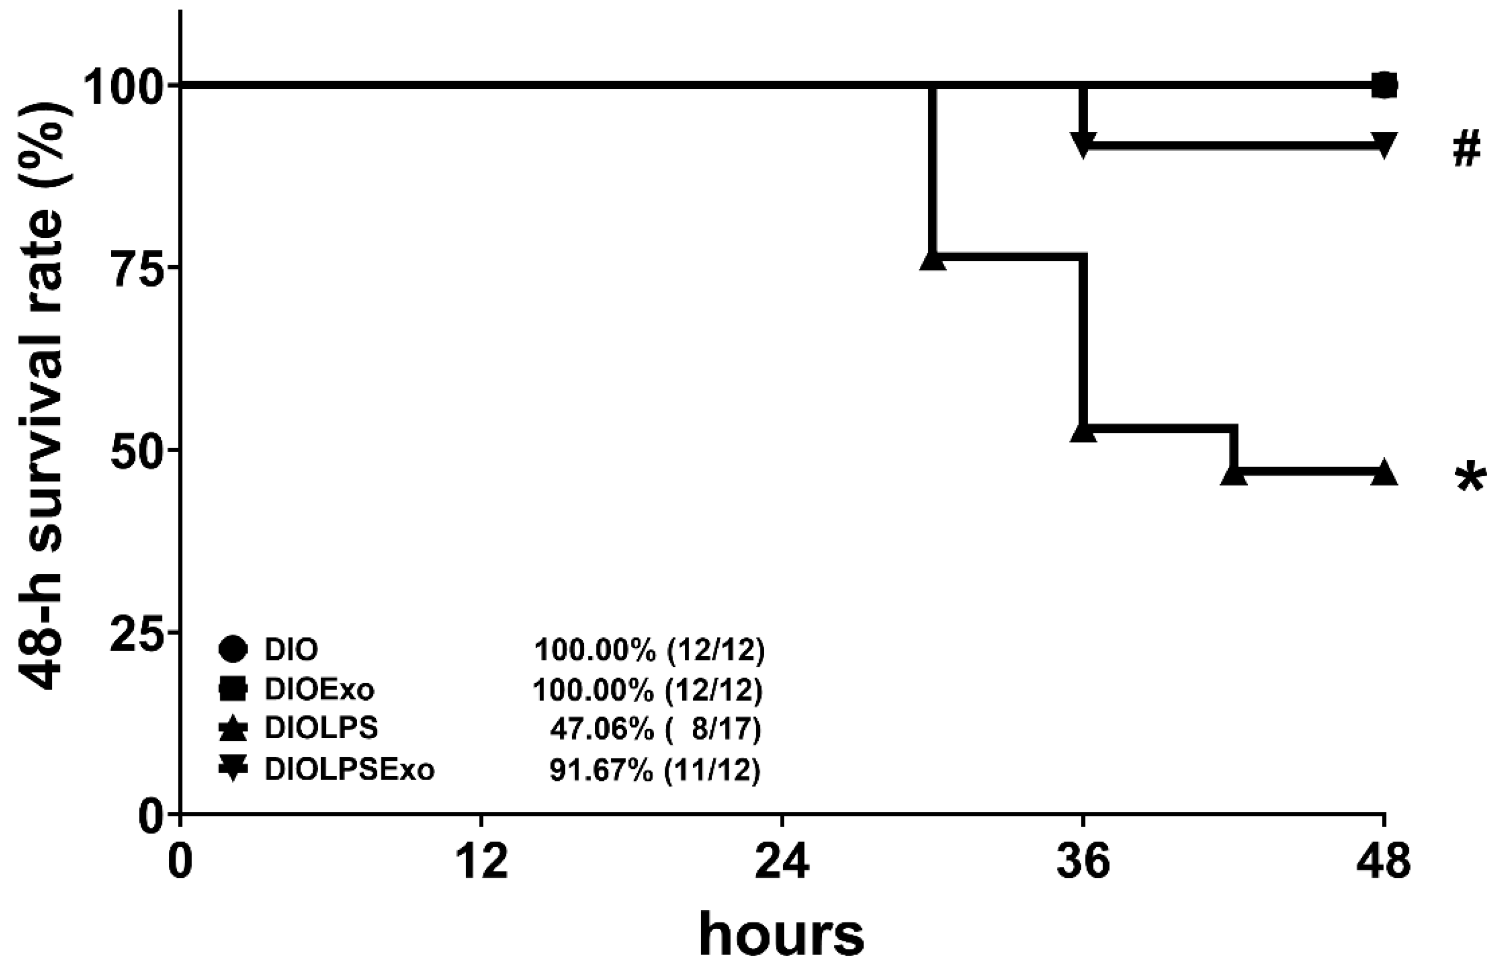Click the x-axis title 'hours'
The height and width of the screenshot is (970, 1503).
tap(781, 936)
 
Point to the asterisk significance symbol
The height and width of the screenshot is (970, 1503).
tap(1470, 479)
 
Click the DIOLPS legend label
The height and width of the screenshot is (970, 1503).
tap(321, 728)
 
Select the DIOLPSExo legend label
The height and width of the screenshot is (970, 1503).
tap(350, 769)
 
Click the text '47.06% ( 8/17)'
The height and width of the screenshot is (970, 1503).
tap(655, 729)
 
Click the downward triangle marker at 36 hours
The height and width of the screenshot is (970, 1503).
tap(1083, 144)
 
